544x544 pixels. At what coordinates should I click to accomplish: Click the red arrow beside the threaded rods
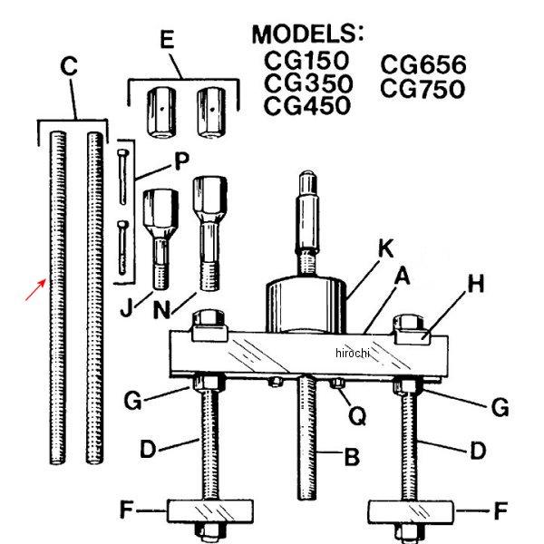click(35, 290)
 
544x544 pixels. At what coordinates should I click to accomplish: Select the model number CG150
click(306, 61)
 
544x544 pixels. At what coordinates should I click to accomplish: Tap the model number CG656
click(423, 64)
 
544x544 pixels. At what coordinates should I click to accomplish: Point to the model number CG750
click(423, 89)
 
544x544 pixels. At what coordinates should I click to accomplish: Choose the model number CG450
click(307, 105)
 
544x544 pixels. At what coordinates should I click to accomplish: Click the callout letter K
click(385, 248)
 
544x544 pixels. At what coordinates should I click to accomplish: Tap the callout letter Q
click(357, 415)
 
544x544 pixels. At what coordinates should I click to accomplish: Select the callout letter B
click(352, 456)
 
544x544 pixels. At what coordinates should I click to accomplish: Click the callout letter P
click(181, 160)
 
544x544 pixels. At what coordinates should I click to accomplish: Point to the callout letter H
click(476, 284)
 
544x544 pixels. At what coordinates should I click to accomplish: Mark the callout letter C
click(69, 66)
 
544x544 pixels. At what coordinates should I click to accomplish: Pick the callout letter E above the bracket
click(167, 39)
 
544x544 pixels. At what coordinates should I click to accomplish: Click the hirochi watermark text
click(353, 353)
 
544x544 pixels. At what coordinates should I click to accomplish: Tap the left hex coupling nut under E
click(161, 112)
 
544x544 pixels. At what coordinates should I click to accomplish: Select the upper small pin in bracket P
click(122, 177)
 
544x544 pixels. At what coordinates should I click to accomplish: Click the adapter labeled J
click(160, 239)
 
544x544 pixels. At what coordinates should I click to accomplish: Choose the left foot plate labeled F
click(210, 510)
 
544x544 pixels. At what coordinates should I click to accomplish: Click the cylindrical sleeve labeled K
click(306, 305)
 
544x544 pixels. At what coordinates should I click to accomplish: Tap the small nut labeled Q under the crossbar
click(337, 384)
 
